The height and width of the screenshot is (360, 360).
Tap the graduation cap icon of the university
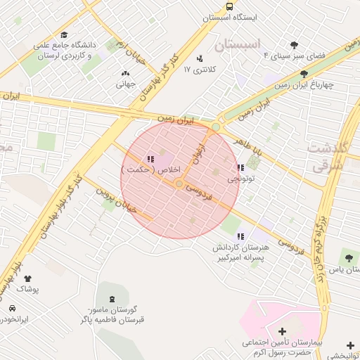(64, 34)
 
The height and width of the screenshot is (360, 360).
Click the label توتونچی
(242, 179)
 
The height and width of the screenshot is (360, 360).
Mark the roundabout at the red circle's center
(180, 184)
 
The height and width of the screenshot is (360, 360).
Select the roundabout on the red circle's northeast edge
(214, 127)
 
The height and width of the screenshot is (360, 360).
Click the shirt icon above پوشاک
(27, 278)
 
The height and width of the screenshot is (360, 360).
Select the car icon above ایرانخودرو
(13, 308)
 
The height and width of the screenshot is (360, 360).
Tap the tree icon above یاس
(349, 258)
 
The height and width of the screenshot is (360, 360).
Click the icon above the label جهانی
(126, 74)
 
